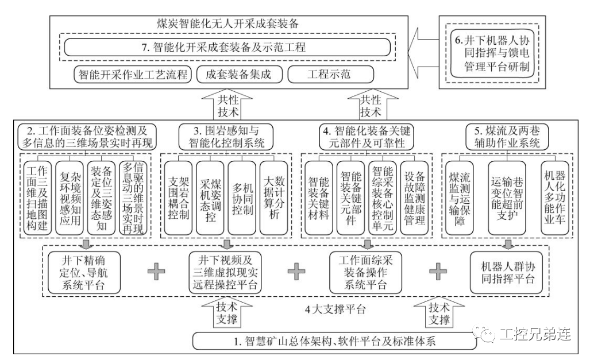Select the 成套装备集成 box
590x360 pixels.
tap(237, 75)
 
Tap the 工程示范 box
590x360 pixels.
tap(330, 75)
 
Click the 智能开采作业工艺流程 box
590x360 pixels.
tap(132, 75)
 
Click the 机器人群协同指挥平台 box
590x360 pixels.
tap(507, 271)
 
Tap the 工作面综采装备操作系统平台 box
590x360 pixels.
tap(365, 271)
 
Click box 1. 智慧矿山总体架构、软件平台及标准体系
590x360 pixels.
tap(335, 340)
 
